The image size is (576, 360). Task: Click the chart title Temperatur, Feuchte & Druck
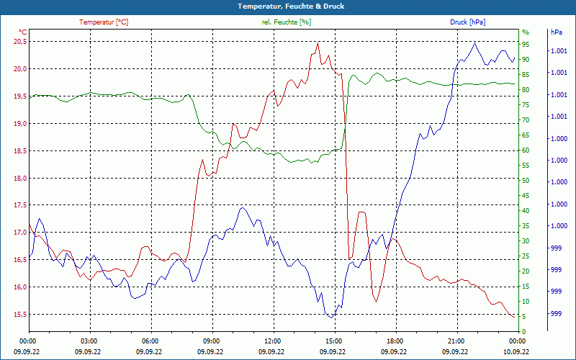(287, 6)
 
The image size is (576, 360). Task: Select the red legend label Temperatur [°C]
(104, 22)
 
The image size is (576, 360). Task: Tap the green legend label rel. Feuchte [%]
(287, 22)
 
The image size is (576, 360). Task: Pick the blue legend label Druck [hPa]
(467, 22)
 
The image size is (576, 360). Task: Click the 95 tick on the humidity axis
(526, 44)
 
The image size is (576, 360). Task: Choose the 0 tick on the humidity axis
(523, 331)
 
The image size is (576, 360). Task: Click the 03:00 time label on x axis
(89, 341)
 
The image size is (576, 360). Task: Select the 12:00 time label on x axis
(273, 341)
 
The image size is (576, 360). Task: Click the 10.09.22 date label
(517, 351)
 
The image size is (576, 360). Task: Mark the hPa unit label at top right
(557, 32)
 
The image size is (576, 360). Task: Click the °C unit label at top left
(23, 32)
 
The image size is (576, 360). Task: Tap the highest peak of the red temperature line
(318, 42)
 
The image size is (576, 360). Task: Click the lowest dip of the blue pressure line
(330, 317)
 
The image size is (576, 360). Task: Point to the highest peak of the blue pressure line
(474, 42)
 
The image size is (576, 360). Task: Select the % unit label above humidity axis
(526, 32)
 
